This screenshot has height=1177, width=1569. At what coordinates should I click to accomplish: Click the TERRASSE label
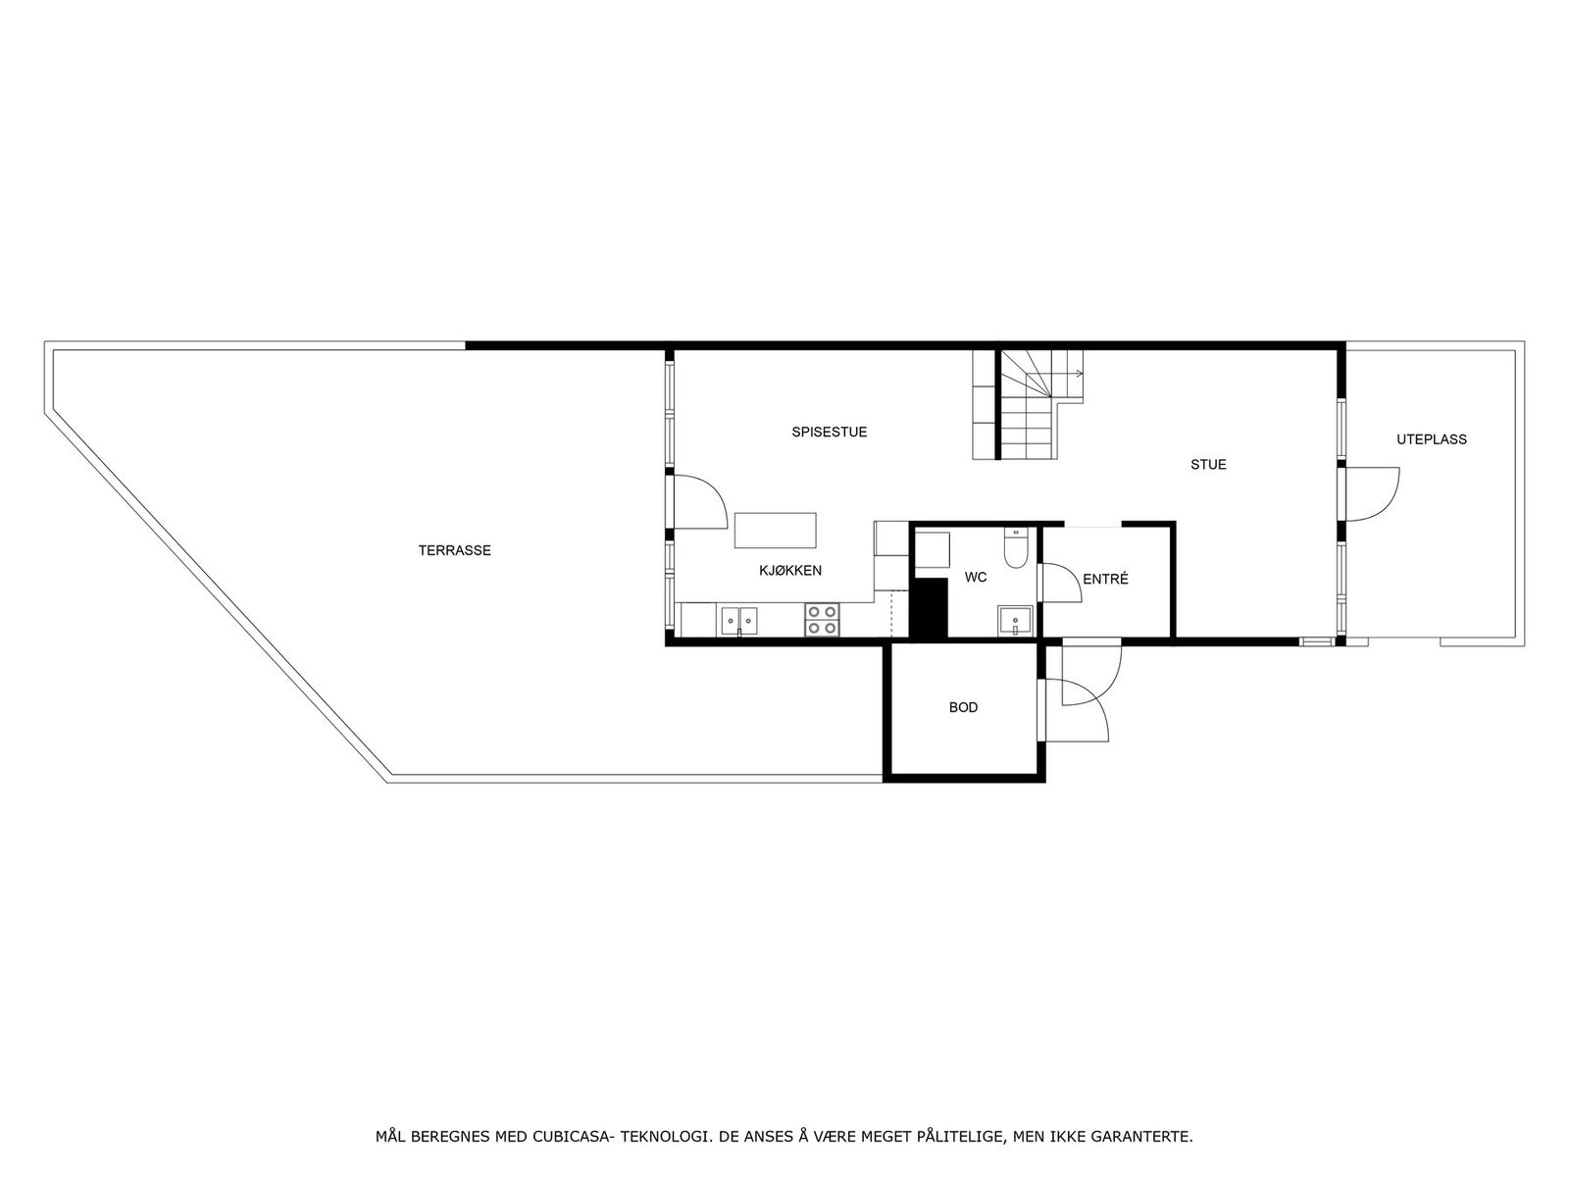tap(454, 550)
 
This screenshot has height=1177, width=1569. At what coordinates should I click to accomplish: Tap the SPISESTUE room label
tap(829, 432)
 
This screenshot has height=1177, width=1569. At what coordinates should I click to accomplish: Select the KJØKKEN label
tap(789, 570)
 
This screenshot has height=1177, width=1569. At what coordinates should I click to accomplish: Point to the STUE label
tap(1208, 464)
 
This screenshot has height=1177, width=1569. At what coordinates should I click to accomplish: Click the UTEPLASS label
tap(1431, 439)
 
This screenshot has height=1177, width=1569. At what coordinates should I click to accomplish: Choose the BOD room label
tap(963, 707)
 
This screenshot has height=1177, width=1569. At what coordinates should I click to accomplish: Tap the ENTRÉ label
tap(1105, 579)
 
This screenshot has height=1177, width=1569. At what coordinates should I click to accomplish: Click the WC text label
tap(975, 577)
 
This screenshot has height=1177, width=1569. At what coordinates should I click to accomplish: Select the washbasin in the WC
tap(1014, 621)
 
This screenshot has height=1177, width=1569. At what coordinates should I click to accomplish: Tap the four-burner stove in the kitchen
tap(822, 620)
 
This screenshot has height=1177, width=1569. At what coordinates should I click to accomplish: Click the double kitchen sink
tap(738, 621)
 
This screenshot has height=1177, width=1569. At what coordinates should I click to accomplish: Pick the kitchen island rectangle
tap(775, 530)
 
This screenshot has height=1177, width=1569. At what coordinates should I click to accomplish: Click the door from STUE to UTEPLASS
tap(1371, 493)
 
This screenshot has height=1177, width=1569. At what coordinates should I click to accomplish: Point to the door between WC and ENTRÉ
tap(1053, 582)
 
